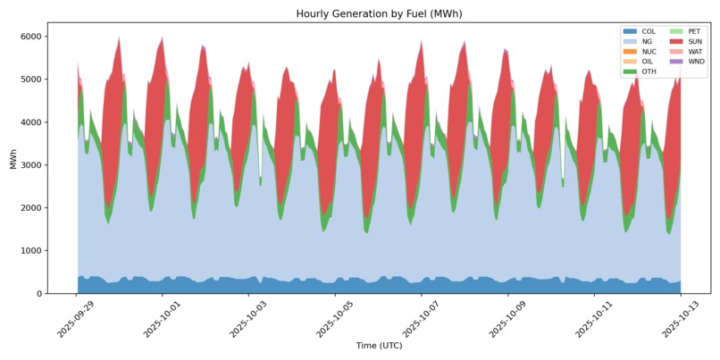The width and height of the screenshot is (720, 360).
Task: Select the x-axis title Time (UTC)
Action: tap(379, 345)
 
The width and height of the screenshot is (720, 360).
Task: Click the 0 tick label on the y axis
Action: tap(40, 294)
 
